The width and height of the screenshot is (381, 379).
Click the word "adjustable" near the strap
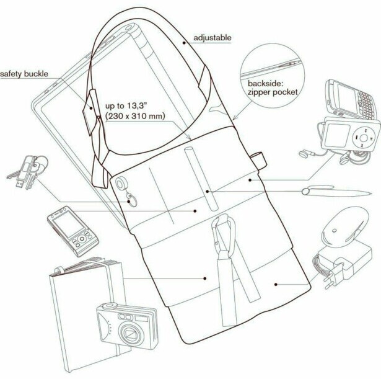click(212, 38)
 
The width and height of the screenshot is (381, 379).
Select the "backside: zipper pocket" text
click(273, 87)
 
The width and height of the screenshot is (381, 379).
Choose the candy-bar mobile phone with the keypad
click(71, 232)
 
